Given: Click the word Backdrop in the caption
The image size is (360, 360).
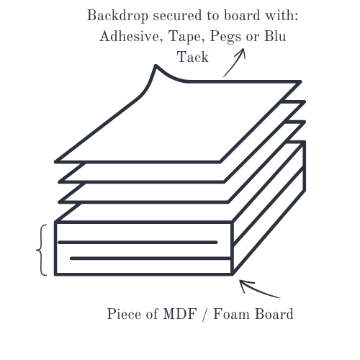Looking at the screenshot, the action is click(x=117, y=16).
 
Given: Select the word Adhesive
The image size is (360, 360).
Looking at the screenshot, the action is click(x=131, y=37).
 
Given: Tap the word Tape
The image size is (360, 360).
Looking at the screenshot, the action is click(x=186, y=37).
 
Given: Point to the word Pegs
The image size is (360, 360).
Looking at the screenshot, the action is click(x=225, y=37).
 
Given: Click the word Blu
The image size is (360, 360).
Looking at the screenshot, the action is click(x=275, y=37).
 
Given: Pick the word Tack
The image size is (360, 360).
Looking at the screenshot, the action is click(x=193, y=57).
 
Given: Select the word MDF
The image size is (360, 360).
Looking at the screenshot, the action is click(x=180, y=314).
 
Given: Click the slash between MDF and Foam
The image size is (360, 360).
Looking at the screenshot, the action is click(x=205, y=314).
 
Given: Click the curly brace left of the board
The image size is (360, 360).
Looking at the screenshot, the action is click(x=42, y=250).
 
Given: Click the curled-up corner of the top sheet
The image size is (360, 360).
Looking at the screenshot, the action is click(x=156, y=66).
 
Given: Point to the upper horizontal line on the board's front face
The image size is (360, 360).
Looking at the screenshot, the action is click(x=138, y=243).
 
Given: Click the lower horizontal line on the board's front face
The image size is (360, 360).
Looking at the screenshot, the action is click(x=150, y=258).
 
